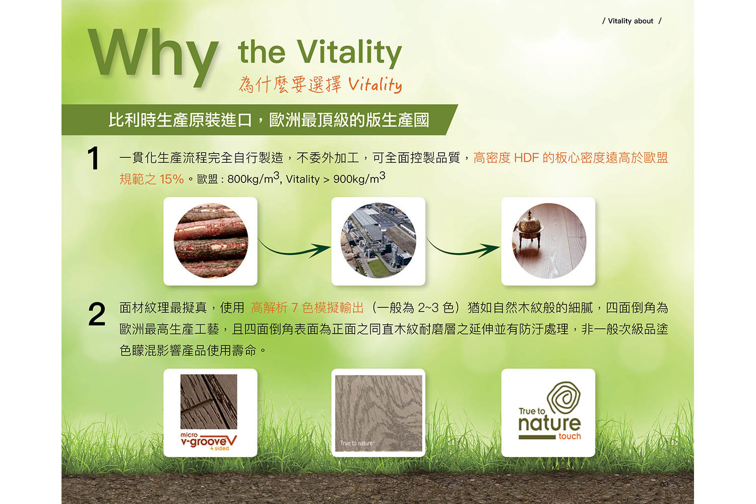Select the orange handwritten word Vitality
[x=375, y=84]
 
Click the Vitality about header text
[x=631, y=21]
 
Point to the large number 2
[x=97, y=314]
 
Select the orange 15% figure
[x=171, y=179]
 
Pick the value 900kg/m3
[x=359, y=177]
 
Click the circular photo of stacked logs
[x=211, y=241]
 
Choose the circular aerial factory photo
[x=379, y=241]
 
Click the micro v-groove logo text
[x=209, y=441]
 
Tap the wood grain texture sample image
[x=379, y=413]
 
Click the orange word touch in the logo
[x=570, y=436]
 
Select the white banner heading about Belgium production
[x=269, y=120]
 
